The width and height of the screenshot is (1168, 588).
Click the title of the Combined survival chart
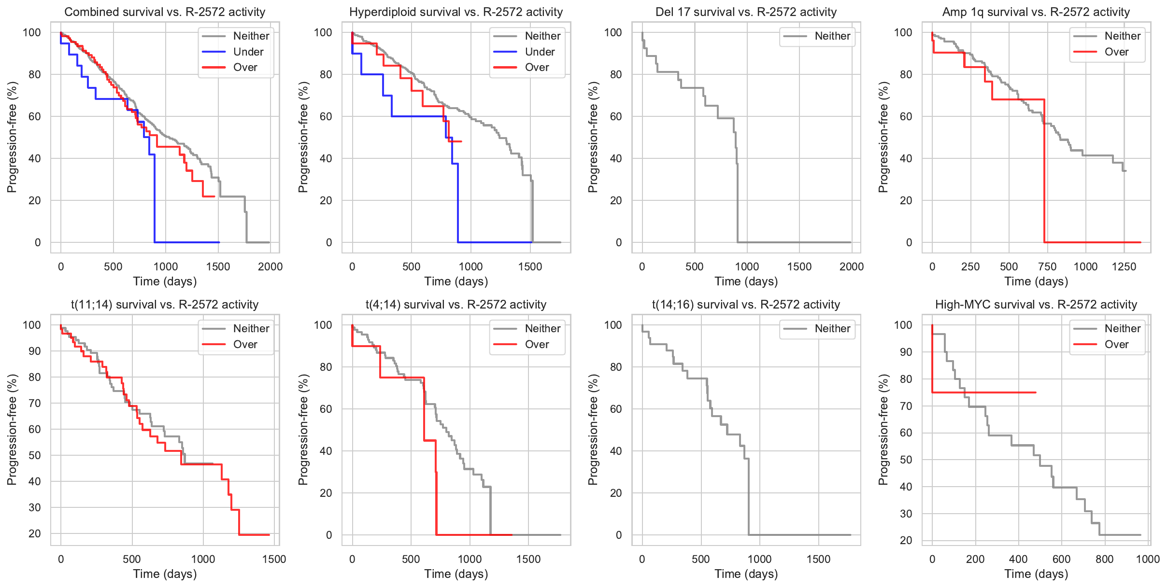click(165, 12)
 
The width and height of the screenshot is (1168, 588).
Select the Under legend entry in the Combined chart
click(248, 52)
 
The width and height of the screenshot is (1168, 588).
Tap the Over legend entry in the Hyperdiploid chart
click(537, 68)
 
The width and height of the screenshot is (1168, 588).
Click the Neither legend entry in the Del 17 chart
click(832, 36)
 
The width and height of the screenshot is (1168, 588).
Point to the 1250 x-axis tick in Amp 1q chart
click(1124, 267)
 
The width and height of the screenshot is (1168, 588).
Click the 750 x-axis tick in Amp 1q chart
click(1047, 267)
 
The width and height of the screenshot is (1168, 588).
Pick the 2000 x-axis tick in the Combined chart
click(270, 267)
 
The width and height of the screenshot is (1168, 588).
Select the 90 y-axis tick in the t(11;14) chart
click(35, 351)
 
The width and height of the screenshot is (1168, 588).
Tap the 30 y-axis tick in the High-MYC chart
click(906, 514)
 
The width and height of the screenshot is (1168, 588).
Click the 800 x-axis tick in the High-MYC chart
click(1104, 560)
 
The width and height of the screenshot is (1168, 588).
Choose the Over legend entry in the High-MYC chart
click(1116, 345)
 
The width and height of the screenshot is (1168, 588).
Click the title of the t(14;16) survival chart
click(746, 305)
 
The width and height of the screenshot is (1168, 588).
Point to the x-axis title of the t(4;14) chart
click(456, 574)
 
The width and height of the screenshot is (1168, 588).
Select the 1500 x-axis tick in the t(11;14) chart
click(274, 560)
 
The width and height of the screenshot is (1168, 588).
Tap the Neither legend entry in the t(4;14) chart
click(542, 329)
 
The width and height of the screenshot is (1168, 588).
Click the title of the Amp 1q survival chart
click(1036, 12)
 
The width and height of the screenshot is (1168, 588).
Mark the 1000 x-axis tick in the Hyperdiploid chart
click(470, 267)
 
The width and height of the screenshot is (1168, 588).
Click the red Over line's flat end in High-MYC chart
click(1035, 392)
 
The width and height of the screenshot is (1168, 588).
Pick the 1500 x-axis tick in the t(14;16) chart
click(818, 560)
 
